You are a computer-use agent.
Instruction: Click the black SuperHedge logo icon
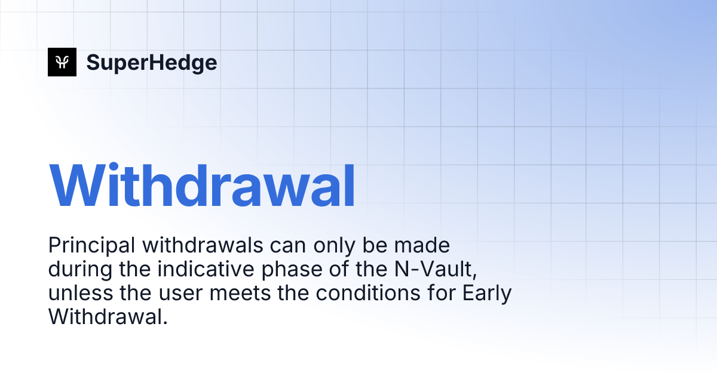point(62,62)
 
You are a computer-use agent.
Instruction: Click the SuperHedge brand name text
point(151,62)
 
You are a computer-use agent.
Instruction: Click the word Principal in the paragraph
point(82,245)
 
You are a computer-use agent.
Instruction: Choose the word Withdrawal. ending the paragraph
point(106,317)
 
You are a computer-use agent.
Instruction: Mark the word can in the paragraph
point(251,245)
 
